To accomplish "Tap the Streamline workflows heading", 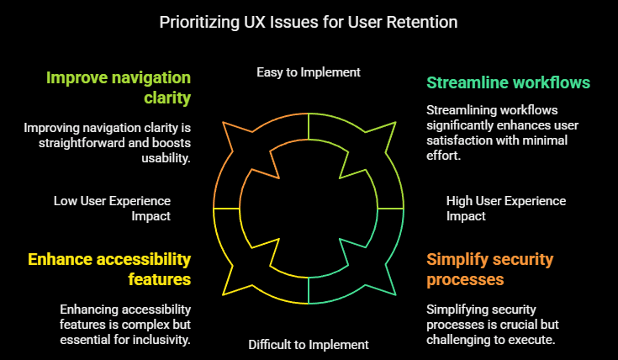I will [508, 82].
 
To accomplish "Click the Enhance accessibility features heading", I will [109, 268].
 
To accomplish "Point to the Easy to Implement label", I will [309, 72].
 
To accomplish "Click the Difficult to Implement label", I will [309, 344].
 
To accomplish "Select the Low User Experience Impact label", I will [112, 208].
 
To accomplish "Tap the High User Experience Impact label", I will [505, 208].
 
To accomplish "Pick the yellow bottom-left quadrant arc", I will [252, 269].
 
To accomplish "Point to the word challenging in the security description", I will [459, 339].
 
